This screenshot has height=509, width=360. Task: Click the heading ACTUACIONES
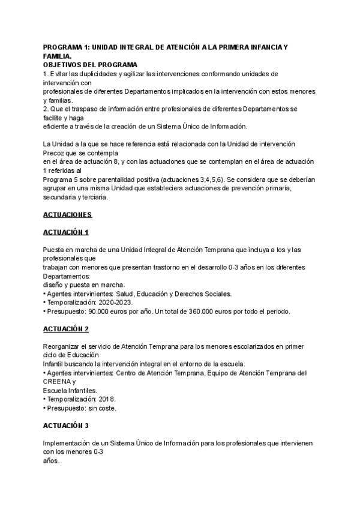(x=68, y=214)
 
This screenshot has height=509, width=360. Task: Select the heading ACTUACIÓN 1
(x=66, y=232)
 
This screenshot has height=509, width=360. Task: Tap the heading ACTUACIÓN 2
(x=66, y=329)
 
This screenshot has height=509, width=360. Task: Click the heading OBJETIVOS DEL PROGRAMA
(x=91, y=64)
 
